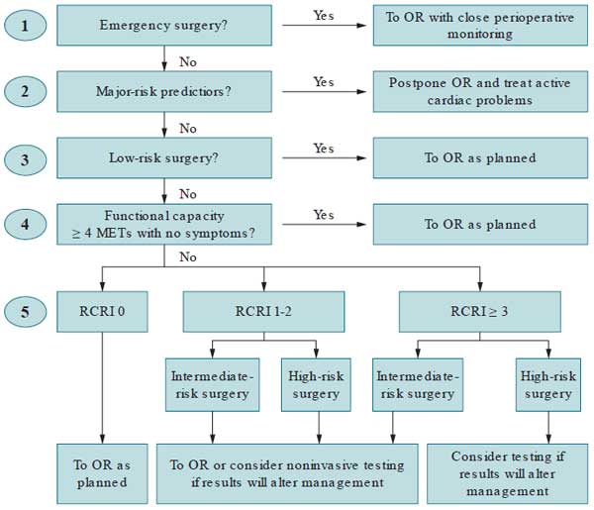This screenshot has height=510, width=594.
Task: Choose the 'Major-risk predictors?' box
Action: (163, 92)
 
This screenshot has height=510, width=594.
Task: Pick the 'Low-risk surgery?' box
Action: (163, 158)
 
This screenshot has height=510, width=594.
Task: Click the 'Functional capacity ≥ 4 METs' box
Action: (163, 225)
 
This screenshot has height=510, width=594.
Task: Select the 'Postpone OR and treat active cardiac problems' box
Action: (479, 92)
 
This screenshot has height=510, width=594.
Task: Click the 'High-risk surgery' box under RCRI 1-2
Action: (316, 383)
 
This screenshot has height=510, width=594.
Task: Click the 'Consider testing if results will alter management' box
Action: (506, 473)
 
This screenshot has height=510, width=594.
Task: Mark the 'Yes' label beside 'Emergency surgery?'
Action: (324, 15)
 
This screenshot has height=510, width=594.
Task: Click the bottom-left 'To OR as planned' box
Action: (103, 473)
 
